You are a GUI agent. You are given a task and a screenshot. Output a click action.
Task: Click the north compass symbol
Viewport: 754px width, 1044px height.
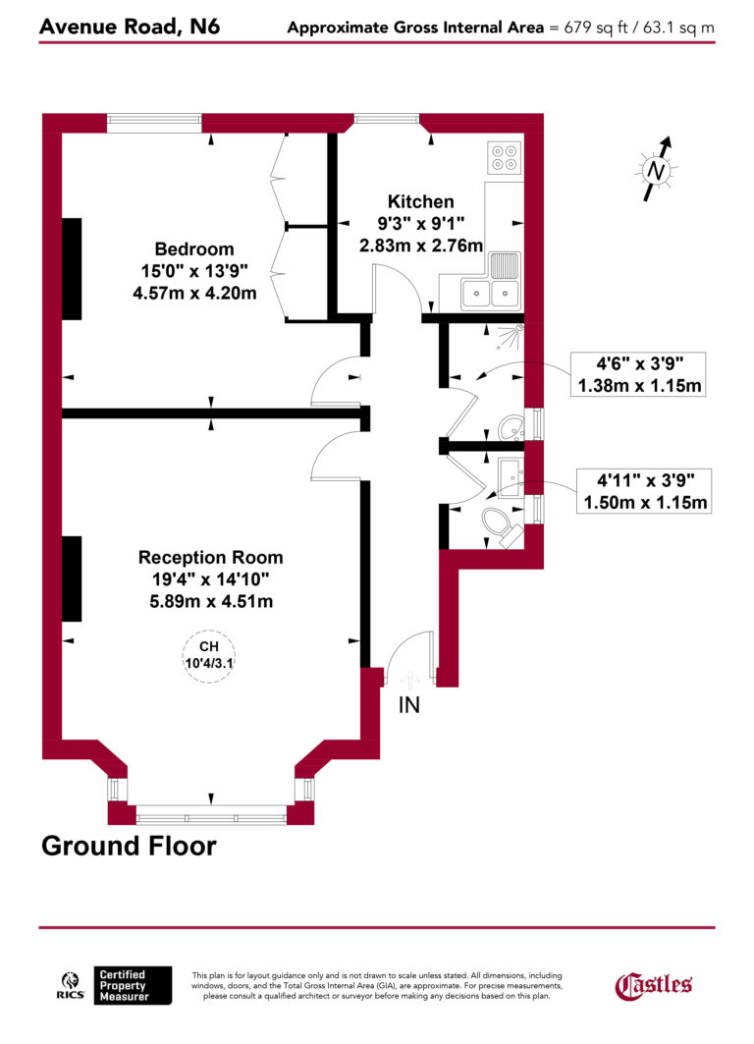[658, 170]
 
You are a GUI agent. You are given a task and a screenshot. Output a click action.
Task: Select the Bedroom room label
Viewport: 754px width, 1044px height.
[193, 248]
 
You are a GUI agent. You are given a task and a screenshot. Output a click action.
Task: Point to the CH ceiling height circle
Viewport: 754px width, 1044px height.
[208, 654]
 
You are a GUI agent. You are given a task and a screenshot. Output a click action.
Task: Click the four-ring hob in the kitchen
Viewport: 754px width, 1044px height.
[505, 158]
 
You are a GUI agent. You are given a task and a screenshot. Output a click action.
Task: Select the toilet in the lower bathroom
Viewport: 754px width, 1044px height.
[500, 524]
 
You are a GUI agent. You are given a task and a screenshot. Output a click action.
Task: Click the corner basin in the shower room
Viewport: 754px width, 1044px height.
[512, 427]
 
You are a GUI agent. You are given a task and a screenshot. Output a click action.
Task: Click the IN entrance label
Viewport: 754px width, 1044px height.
[409, 704]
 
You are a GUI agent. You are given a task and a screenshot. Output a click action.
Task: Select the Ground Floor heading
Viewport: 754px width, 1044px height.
[129, 845]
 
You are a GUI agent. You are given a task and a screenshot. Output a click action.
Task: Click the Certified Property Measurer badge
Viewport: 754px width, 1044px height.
[133, 985]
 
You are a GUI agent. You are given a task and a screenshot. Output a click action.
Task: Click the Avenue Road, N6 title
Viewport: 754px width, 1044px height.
[130, 26]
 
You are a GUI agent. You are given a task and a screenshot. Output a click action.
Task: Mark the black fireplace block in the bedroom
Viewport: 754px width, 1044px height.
[72, 268]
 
